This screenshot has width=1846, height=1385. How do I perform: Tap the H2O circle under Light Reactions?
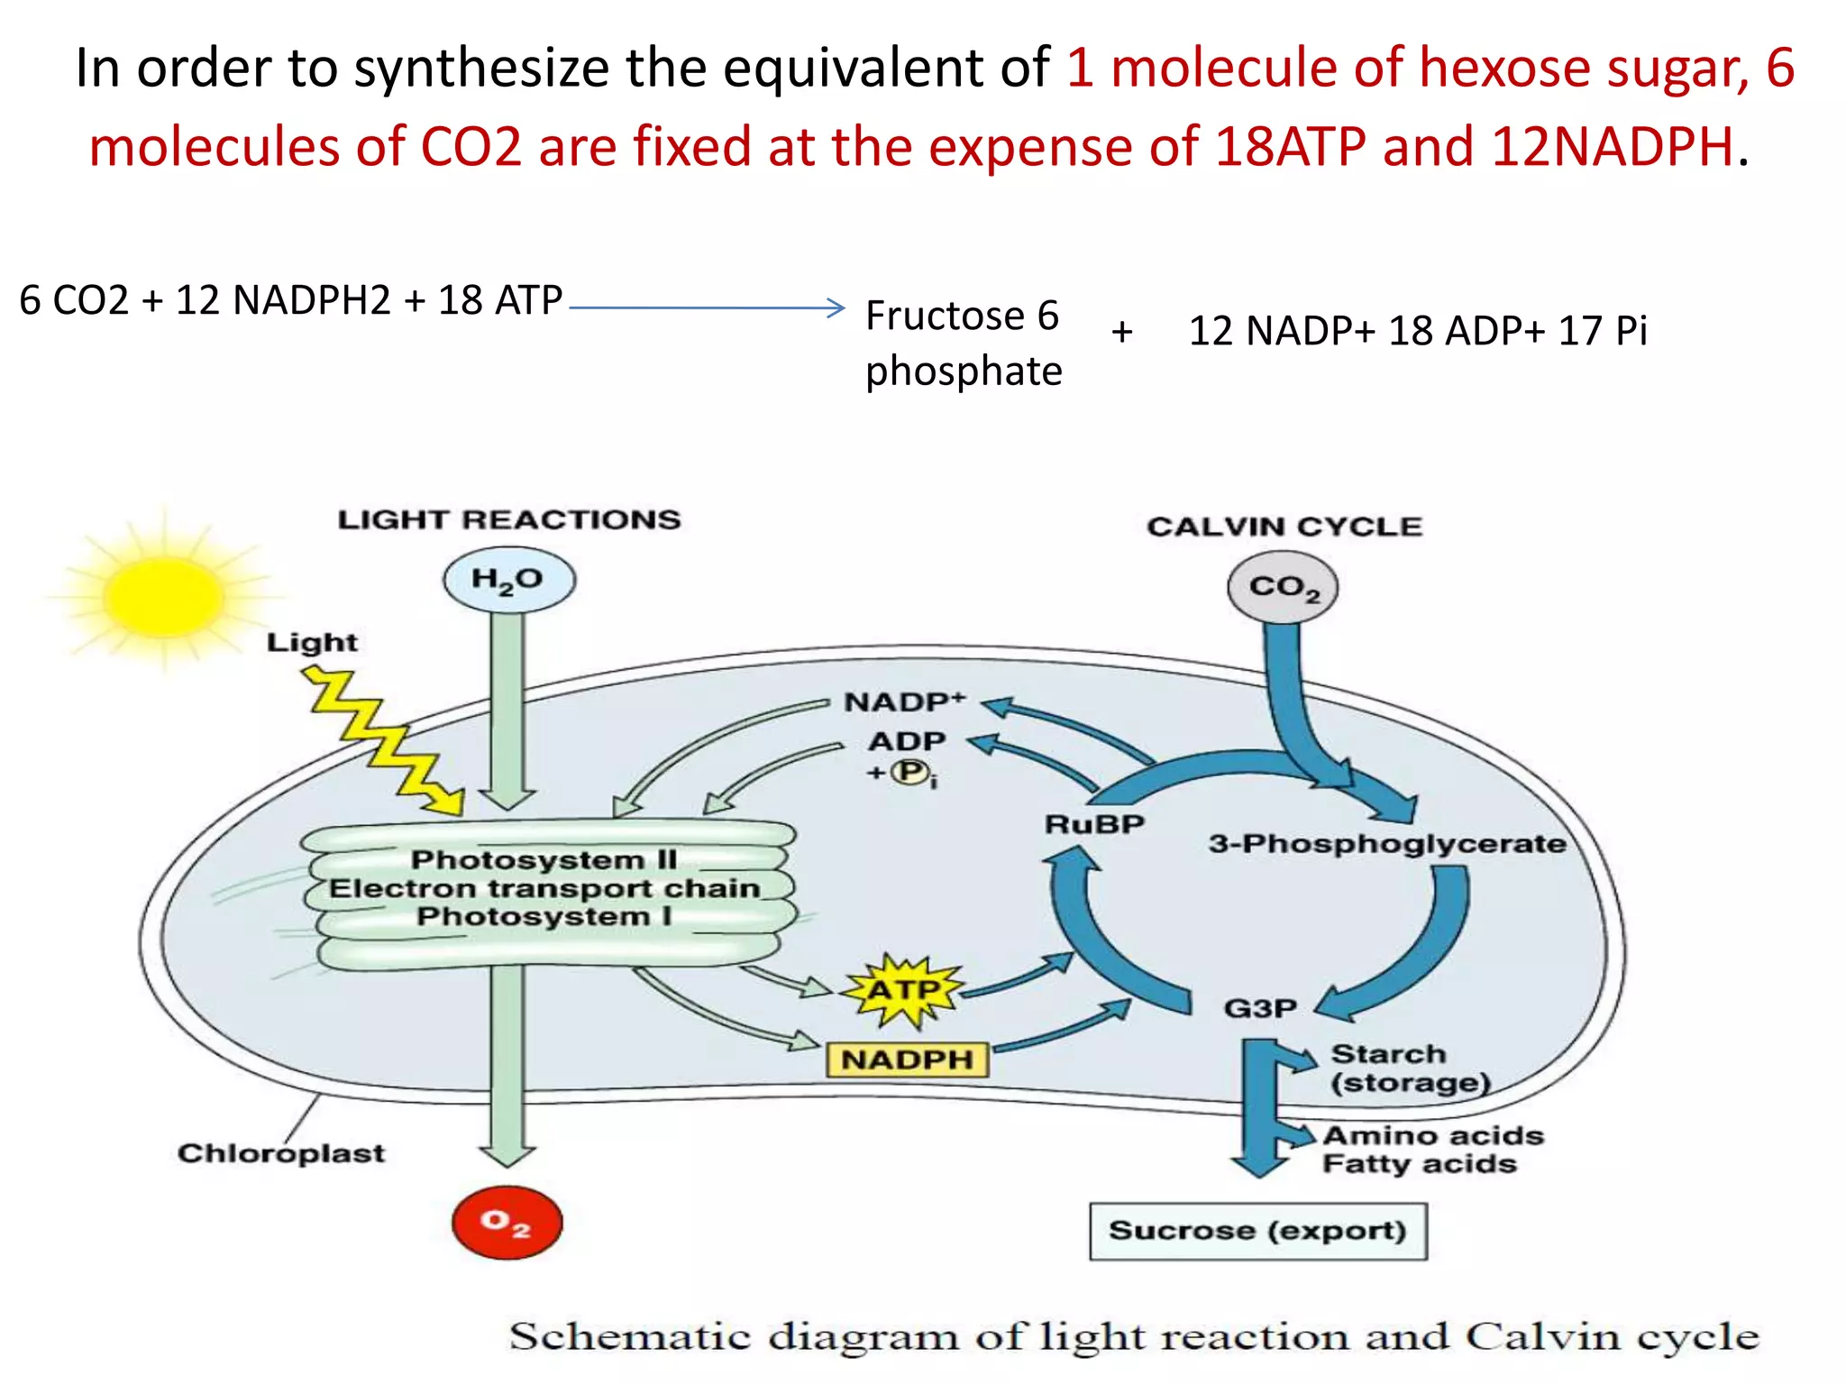[x=508, y=580]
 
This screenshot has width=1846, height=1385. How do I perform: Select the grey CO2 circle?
[x=1283, y=588]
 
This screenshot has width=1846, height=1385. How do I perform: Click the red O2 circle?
[x=507, y=1223]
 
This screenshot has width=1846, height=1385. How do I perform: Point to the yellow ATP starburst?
[x=903, y=991]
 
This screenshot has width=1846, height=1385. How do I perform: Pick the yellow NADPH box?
[x=907, y=1059]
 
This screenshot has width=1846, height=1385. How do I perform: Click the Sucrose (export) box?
[x=1257, y=1231]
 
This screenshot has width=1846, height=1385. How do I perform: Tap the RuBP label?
[x=1094, y=824]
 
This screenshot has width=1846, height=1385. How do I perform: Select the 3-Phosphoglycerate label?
[x=1387, y=844]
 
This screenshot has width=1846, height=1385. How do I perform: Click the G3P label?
[x=1260, y=1007]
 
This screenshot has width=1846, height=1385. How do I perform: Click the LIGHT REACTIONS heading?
[x=509, y=519]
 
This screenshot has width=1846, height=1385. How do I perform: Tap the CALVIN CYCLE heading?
[x=1284, y=527]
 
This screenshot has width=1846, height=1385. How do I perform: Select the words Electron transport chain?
[x=544, y=888]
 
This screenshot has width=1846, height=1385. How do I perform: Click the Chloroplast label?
[x=280, y=1153]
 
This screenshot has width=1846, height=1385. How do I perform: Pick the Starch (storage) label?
[x=1409, y=1069]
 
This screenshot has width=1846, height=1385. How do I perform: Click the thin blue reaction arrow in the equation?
[x=708, y=307]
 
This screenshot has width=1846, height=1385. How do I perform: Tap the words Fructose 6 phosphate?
[x=963, y=344]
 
